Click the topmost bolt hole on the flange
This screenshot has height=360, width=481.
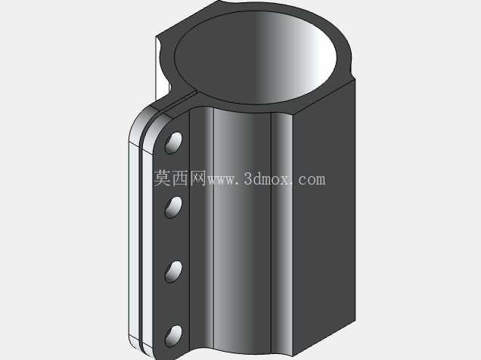(x=174, y=143)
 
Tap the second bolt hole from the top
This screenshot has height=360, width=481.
(x=174, y=207)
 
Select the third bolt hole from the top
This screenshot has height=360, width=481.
(x=174, y=272)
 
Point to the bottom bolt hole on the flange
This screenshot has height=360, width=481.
(x=174, y=336)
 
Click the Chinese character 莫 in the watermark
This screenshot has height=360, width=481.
(x=162, y=178)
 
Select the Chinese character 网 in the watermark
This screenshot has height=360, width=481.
(x=197, y=178)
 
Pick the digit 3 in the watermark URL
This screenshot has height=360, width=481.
(x=249, y=178)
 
